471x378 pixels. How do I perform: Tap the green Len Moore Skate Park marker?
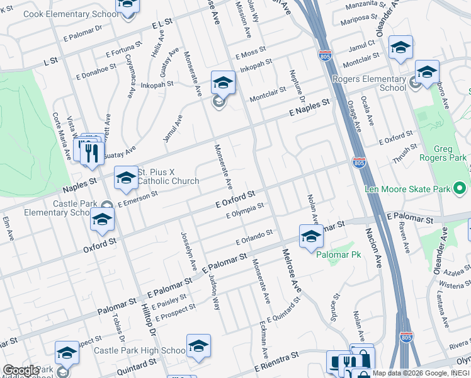[460, 188]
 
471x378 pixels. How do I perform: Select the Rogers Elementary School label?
[378, 83]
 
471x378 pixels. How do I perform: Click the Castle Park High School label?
[140, 350]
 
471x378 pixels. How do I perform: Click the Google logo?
[21, 370]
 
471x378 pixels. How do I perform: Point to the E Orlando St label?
[254, 237]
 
